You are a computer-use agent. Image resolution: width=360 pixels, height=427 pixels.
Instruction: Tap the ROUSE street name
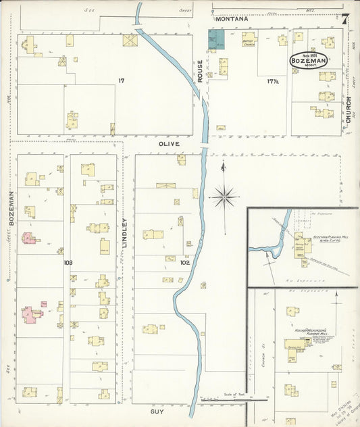200,73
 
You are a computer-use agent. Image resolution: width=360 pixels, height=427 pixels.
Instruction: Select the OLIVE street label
169,144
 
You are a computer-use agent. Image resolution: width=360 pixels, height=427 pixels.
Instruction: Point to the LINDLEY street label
124,233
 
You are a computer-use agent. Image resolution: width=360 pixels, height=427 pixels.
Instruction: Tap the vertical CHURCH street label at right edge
349,109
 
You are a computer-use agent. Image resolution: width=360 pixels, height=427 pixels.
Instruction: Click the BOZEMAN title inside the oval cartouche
309,61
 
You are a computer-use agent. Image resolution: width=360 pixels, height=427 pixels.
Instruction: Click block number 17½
272,82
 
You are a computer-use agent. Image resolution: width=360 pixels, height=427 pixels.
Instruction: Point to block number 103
68,262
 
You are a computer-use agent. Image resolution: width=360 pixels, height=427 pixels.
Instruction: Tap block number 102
184,262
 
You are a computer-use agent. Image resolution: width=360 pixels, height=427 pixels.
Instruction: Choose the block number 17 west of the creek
121,81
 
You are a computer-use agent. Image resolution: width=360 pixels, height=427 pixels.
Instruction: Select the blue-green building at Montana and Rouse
215,41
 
